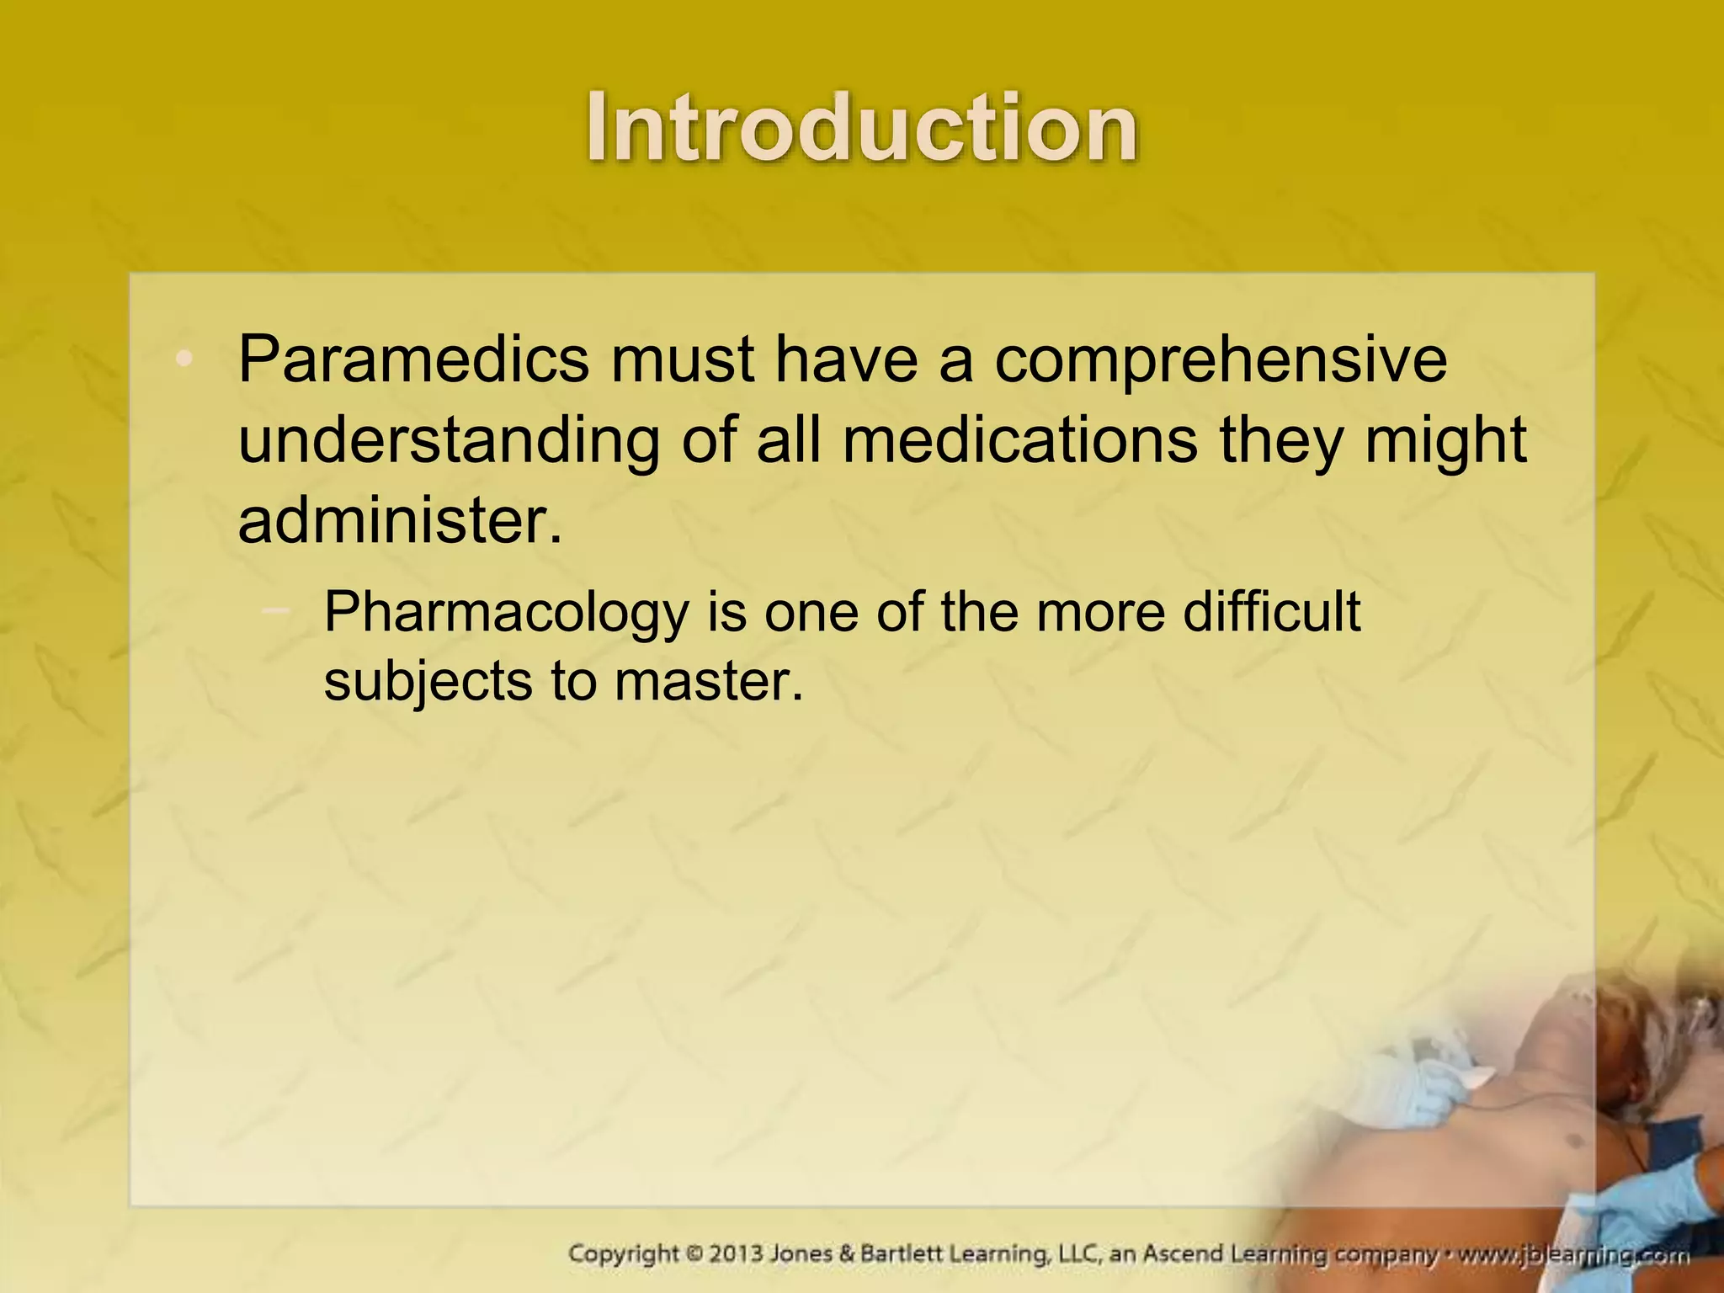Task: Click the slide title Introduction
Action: click(862, 128)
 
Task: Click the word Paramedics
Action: click(413, 359)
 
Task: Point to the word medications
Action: click(1019, 440)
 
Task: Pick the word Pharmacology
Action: click(506, 614)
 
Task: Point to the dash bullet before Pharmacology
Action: click(276, 609)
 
